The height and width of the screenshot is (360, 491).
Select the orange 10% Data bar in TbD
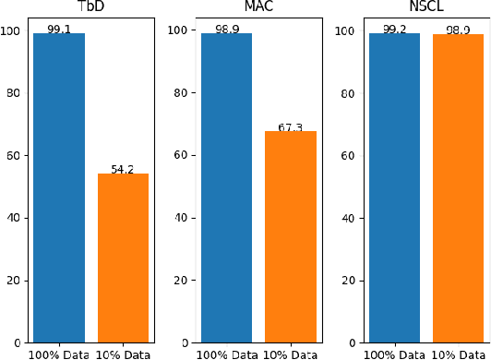(x=123, y=258)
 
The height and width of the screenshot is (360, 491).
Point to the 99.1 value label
(x=59, y=29)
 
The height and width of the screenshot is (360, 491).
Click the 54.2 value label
(x=123, y=169)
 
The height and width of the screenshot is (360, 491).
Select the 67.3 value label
(x=291, y=127)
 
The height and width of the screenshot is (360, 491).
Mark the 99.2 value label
(x=394, y=29)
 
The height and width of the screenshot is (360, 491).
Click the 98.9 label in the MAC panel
(x=227, y=30)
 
